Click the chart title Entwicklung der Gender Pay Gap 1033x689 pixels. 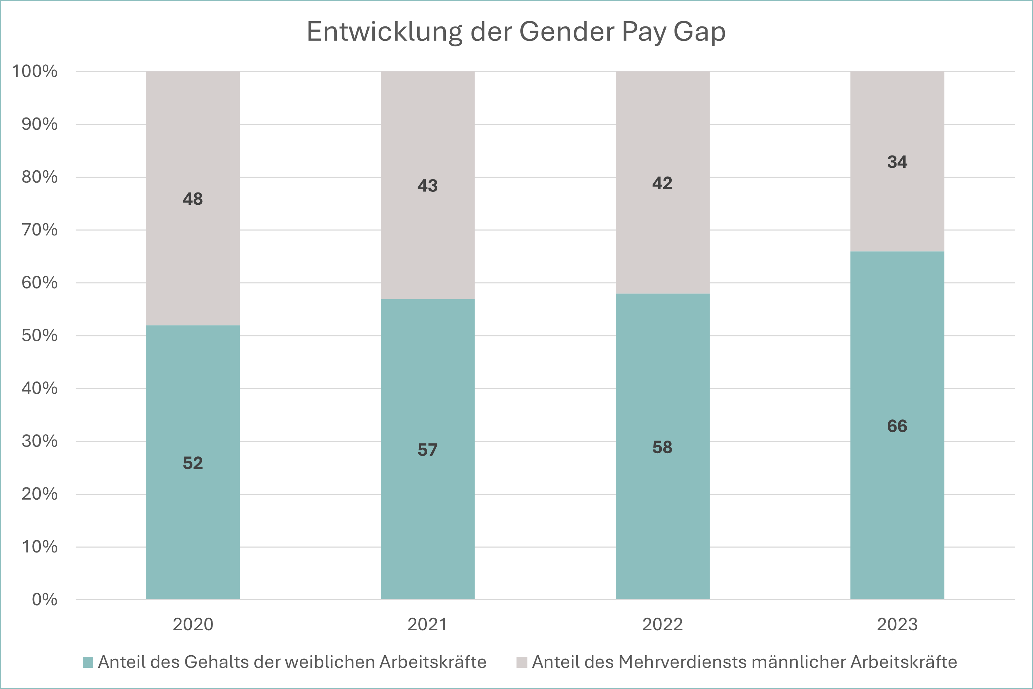coord(516,32)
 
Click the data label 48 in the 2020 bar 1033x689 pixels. coord(193,199)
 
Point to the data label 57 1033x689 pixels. coord(427,450)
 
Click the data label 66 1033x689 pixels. coord(897,426)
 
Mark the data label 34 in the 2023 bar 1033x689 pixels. coord(897,162)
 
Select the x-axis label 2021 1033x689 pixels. coord(427,624)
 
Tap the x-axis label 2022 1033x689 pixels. coord(662,624)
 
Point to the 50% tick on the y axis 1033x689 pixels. coord(39,336)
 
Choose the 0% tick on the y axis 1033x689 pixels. coord(44,600)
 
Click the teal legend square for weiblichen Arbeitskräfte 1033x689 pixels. coord(88,662)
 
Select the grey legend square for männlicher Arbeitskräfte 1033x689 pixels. coord(521,662)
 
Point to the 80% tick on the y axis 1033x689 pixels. coord(39,177)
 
